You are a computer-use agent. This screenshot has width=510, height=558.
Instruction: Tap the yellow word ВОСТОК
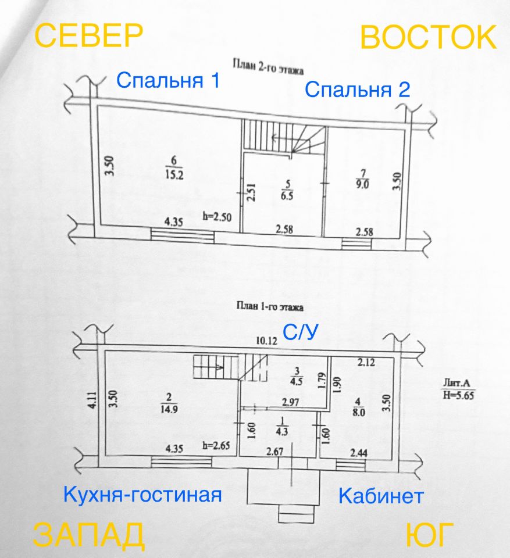click(428, 37)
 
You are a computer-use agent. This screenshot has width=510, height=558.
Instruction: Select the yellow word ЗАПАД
click(88, 535)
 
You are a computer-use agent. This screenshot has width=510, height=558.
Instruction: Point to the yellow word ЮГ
click(430, 535)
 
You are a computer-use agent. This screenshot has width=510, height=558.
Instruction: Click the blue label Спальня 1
click(168, 80)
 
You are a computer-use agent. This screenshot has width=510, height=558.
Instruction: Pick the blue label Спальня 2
click(357, 90)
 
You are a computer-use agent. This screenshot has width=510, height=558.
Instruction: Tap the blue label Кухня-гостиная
click(142, 494)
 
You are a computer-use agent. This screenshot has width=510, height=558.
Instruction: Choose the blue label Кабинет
click(381, 496)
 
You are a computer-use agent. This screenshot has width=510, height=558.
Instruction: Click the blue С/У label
click(300, 332)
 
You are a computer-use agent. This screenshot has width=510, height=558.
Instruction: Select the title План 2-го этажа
click(268, 67)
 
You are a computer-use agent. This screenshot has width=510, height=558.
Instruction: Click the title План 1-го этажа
click(270, 307)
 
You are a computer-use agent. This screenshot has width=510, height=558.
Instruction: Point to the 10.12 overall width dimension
click(267, 341)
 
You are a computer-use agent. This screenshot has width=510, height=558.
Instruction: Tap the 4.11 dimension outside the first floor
click(92, 400)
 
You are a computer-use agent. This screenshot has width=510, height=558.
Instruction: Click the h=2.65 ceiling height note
click(216, 446)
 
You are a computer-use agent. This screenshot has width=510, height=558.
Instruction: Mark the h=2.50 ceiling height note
click(217, 217)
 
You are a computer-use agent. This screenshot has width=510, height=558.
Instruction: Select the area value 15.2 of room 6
click(174, 175)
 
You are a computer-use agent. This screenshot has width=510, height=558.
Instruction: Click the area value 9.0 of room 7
click(362, 185)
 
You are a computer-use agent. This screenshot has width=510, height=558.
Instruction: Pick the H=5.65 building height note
click(459, 395)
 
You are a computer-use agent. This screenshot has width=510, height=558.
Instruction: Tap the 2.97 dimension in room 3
click(291, 402)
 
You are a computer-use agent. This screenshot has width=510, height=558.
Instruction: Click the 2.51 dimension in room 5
click(251, 192)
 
